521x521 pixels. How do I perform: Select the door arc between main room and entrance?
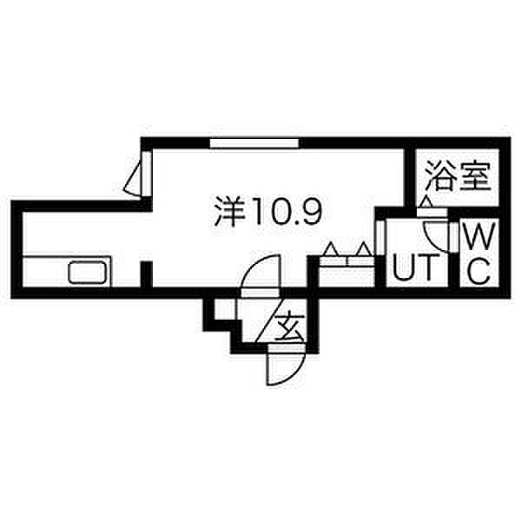click(259, 280)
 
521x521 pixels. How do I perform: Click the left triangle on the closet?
click(330, 251)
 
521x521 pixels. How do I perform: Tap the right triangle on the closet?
click(365, 251)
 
